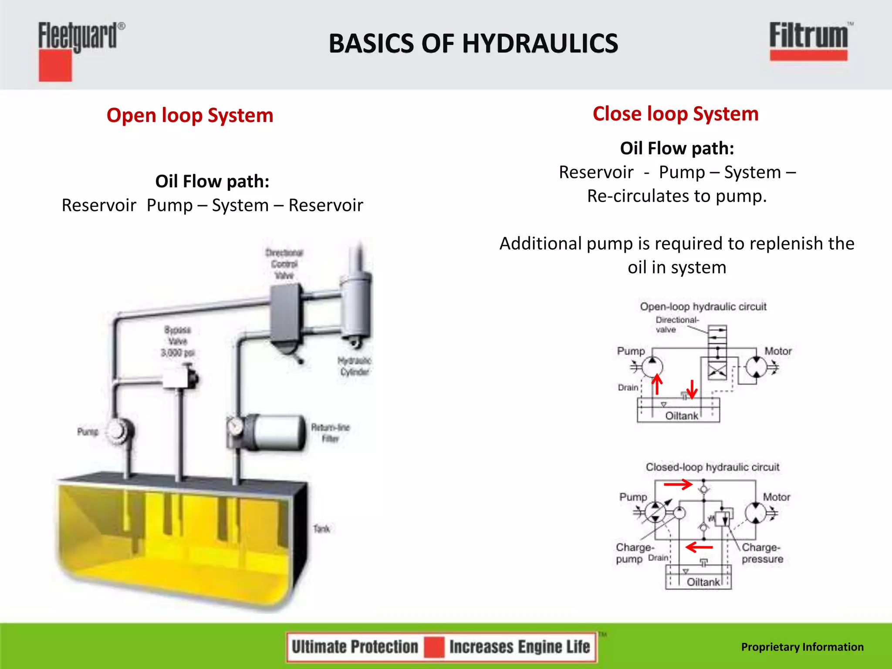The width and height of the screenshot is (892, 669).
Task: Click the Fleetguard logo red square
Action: [x=55, y=65]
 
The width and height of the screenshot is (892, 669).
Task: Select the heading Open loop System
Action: [x=190, y=115]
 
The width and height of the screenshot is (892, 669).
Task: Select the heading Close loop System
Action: [x=675, y=114]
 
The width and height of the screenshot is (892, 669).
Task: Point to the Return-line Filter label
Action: [x=330, y=433]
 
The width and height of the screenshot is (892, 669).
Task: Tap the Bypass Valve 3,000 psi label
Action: [x=177, y=341]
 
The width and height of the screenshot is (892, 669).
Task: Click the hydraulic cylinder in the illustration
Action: [x=356, y=305]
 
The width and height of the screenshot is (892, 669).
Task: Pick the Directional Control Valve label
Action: [x=284, y=264]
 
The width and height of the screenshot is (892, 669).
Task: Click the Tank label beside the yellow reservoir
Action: [x=321, y=529]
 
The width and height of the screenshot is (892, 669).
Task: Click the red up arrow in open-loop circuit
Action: [x=657, y=385]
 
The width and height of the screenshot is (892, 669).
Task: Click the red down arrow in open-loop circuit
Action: [x=692, y=389]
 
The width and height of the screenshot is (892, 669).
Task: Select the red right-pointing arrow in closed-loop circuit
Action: [x=678, y=484]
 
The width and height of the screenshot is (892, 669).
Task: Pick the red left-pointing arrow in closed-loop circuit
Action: [x=699, y=547]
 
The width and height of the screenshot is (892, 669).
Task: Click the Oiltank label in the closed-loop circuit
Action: [x=703, y=582]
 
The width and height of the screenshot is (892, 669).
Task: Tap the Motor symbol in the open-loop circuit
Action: [x=757, y=367]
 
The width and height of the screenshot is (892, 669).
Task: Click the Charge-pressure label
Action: [x=762, y=553]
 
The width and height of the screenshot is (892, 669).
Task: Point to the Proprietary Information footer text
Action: [x=802, y=647]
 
